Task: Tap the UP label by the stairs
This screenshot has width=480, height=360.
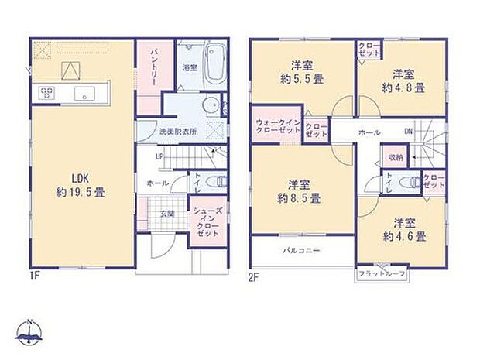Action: click(x=159, y=156)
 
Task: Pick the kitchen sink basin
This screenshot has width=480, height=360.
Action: click(x=81, y=94)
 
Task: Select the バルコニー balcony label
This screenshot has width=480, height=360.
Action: click(x=301, y=250)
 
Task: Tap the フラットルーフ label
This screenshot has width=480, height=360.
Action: click(x=382, y=274)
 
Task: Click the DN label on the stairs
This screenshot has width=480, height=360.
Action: click(x=409, y=132)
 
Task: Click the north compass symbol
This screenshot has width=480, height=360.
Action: click(x=29, y=334)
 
